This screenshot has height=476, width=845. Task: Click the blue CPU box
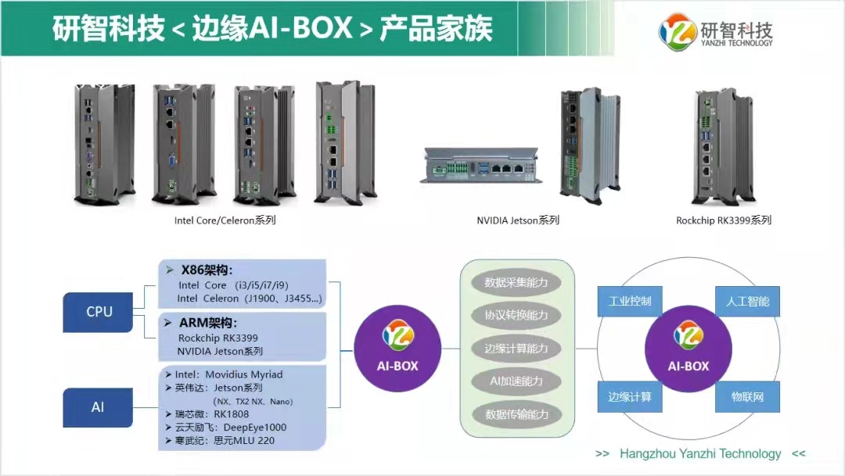pyautogui.click(x=99, y=312)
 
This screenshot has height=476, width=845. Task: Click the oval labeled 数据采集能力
pyautogui.click(x=516, y=282)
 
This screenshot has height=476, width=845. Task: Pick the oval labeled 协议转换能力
pyautogui.click(x=516, y=316)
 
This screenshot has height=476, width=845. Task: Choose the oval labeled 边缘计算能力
pyautogui.click(x=516, y=349)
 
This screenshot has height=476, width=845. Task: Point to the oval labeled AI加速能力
pyautogui.click(x=516, y=381)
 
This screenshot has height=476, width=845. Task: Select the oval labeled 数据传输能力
pyautogui.click(x=516, y=414)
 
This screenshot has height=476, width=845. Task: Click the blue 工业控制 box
pyautogui.click(x=629, y=301)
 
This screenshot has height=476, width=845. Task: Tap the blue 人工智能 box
pyautogui.click(x=747, y=301)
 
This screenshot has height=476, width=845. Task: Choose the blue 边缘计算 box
pyautogui.click(x=629, y=397)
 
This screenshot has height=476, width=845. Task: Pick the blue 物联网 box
pyautogui.click(x=747, y=397)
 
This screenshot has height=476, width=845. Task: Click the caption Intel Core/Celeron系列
pyautogui.click(x=225, y=220)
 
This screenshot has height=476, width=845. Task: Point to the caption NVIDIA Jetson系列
pyautogui.click(x=518, y=220)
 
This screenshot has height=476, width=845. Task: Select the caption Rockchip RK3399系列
pyautogui.click(x=724, y=220)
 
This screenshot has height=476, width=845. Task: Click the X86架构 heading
pyautogui.click(x=207, y=270)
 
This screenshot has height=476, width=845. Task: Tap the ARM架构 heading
pyautogui.click(x=208, y=323)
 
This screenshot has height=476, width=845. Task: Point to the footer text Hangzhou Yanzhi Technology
pyautogui.click(x=700, y=454)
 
